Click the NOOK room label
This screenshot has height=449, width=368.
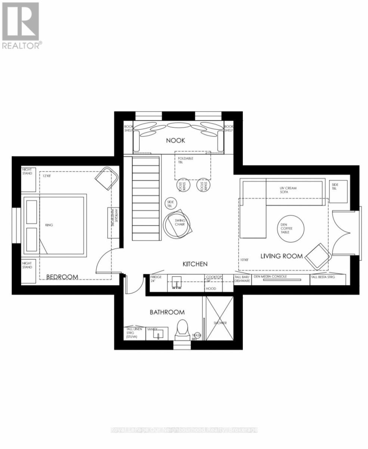point(176,141)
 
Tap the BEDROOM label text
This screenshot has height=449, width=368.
point(62,277)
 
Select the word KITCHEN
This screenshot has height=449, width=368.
point(195,264)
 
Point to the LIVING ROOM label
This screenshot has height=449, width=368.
point(281,256)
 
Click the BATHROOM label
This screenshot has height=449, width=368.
point(167,312)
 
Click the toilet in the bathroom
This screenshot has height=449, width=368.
point(183,329)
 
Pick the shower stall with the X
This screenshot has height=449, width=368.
point(220,318)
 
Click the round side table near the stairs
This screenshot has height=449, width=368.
point(171,204)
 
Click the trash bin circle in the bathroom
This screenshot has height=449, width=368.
point(196,336)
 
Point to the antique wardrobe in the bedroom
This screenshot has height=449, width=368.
point(113,223)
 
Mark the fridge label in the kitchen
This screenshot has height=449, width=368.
point(155,278)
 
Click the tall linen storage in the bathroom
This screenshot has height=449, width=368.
point(134,333)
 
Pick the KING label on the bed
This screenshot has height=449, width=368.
point(49,225)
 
